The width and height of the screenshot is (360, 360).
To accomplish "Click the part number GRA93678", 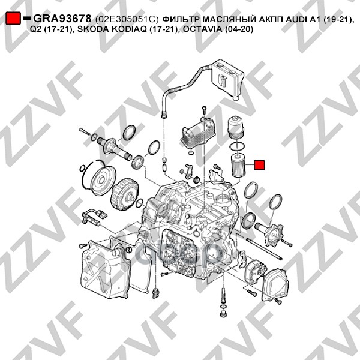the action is click(x=62, y=19).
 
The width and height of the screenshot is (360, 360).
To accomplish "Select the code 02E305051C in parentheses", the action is click(x=127, y=20).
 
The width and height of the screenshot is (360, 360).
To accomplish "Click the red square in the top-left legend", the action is click(x=13, y=19).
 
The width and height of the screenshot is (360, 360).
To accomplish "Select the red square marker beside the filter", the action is click(x=259, y=165).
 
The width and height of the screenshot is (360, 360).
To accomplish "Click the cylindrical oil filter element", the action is click(x=238, y=166).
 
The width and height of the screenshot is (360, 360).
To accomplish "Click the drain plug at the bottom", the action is click(x=223, y=314).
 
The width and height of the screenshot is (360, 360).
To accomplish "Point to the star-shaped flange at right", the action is click(x=274, y=235).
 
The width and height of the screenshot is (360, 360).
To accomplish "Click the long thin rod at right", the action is click(x=264, y=250).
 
